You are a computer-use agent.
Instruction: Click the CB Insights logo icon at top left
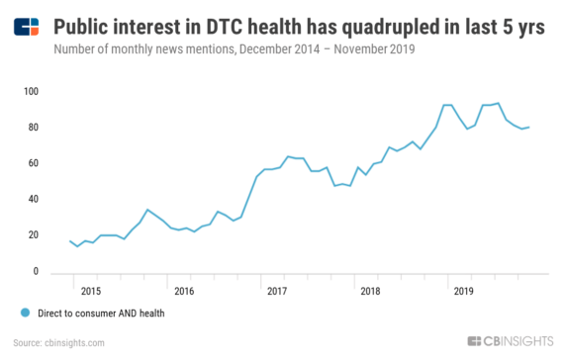pyautogui.click(x=27, y=28)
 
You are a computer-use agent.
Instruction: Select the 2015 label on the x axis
pyautogui.click(x=90, y=292)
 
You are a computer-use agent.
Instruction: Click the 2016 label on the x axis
pyautogui.click(x=183, y=292)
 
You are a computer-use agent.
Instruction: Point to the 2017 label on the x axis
pyautogui.click(x=277, y=292)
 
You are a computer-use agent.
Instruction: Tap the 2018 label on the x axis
pyautogui.click(x=370, y=292)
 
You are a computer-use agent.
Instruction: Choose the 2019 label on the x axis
pyautogui.click(x=463, y=292)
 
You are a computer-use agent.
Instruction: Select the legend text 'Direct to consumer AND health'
pyautogui.click(x=100, y=314)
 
